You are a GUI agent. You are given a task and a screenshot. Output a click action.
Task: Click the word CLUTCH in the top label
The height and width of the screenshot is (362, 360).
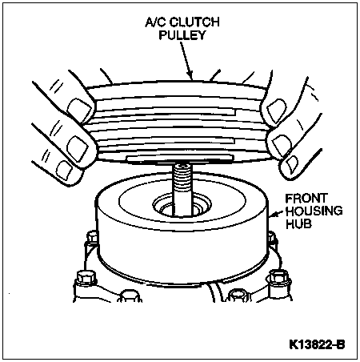[194, 22]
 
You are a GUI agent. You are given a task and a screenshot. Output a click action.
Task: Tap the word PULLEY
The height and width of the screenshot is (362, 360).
[182, 35]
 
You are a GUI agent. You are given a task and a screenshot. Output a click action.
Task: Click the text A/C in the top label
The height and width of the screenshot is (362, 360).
[156, 22]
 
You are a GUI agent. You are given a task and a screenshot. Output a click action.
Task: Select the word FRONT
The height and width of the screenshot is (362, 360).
[306, 199]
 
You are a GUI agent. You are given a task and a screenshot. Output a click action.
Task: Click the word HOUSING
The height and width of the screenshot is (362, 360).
[314, 211]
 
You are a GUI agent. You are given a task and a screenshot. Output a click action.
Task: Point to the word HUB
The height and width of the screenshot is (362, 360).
[298, 223]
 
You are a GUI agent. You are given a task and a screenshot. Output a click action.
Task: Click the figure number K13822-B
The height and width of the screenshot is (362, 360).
[317, 344]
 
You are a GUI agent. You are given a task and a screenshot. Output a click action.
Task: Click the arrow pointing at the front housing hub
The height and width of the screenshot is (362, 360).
[276, 214]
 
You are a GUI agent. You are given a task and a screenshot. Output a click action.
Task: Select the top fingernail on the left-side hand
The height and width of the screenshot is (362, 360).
[79, 107]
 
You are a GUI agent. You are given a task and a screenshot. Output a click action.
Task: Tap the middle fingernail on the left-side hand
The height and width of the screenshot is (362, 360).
[78, 147]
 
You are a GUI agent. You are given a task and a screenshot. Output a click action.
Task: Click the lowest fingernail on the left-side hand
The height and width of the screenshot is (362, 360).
[65, 170]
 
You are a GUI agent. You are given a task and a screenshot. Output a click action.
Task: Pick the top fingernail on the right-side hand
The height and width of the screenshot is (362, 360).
[277, 110]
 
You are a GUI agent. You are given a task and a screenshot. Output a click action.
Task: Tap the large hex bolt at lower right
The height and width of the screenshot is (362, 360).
[279, 280]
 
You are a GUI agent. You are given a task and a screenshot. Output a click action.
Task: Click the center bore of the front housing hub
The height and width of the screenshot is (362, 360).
[182, 207]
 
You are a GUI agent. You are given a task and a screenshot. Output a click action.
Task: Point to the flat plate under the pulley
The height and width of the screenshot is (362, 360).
[181, 159]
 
